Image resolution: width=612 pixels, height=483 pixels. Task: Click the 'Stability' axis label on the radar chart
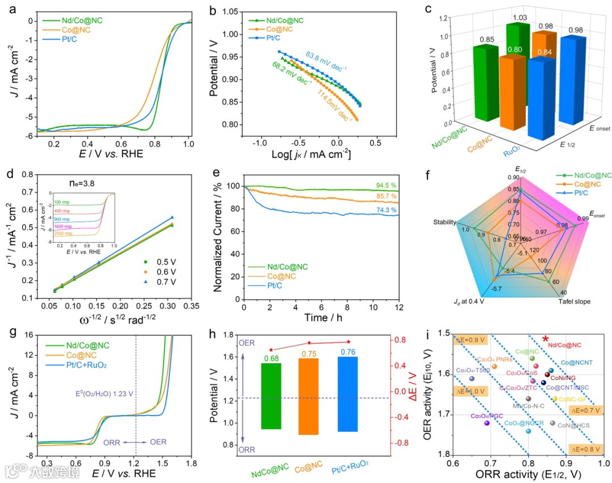(445, 223)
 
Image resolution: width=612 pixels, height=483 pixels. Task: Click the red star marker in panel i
(546, 339)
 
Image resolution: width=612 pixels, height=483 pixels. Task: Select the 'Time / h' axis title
(321, 318)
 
